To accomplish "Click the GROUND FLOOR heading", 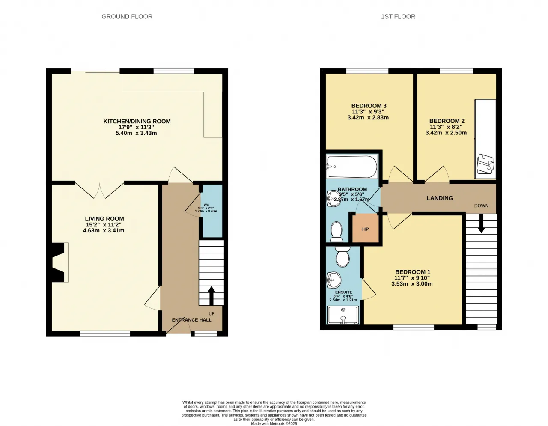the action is point(127,17).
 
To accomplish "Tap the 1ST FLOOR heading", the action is point(398,17).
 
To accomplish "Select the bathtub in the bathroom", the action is point(352,167).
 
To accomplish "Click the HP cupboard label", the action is point(366,229).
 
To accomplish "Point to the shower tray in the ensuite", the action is point(343,315).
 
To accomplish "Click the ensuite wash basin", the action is point(334,280).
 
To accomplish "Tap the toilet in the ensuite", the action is point(343,256).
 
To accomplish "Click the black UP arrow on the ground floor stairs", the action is point(211,296).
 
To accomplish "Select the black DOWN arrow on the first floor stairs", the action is point(481,223).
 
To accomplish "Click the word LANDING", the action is point(440,198).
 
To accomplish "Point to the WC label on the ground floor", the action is point(206,205).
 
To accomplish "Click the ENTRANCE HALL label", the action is point(192,320).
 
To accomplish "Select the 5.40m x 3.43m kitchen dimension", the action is point(136,133).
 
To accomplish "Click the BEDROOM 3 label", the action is point(369,106).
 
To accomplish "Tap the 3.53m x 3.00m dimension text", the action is point(412,284).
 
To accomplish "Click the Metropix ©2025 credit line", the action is point(274,424).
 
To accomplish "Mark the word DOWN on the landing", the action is point(481,206).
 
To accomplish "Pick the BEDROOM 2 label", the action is point(447,121).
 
